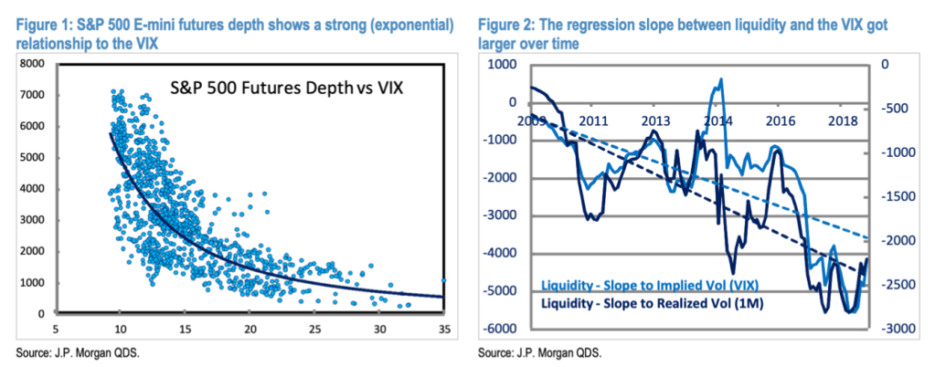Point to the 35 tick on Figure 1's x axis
pos(444,329)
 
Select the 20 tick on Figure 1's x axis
pos(250,329)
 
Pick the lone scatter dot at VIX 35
pos(444,281)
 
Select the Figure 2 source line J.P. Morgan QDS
pos(548,351)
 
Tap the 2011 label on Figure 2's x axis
pos(594,120)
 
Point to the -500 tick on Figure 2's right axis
pos(897,109)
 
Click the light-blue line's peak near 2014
pos(722,79)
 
